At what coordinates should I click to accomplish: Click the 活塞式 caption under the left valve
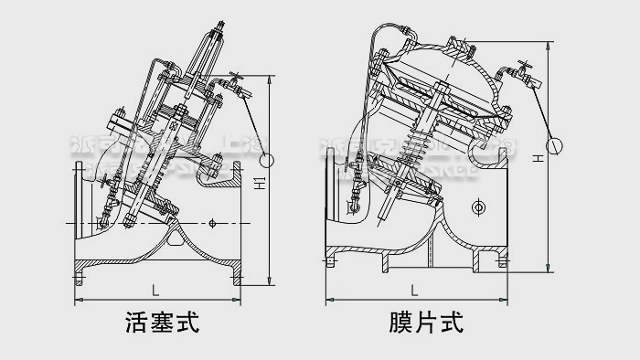coord(161,323)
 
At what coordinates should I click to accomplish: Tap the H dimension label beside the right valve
coord(539,157)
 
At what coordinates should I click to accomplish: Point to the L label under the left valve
coord(155,291)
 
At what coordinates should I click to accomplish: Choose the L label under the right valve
coord(414,291)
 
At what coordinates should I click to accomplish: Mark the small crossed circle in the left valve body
coord(212,222)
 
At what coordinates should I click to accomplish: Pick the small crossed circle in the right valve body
coord(476,209)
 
